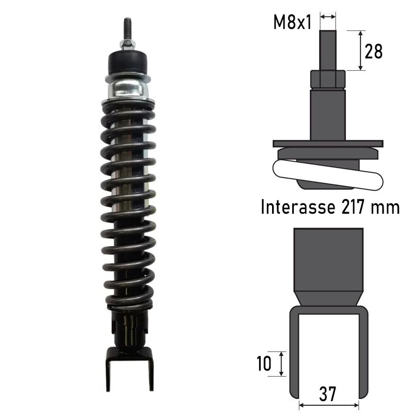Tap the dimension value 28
coord(374,52)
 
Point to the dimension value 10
coord(263,364)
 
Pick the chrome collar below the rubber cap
coord(128,88)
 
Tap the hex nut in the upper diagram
coord(327,79)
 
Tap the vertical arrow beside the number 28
coord(359,50)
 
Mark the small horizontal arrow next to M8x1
coord(328,17)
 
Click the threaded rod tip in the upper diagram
coord(328,49)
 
